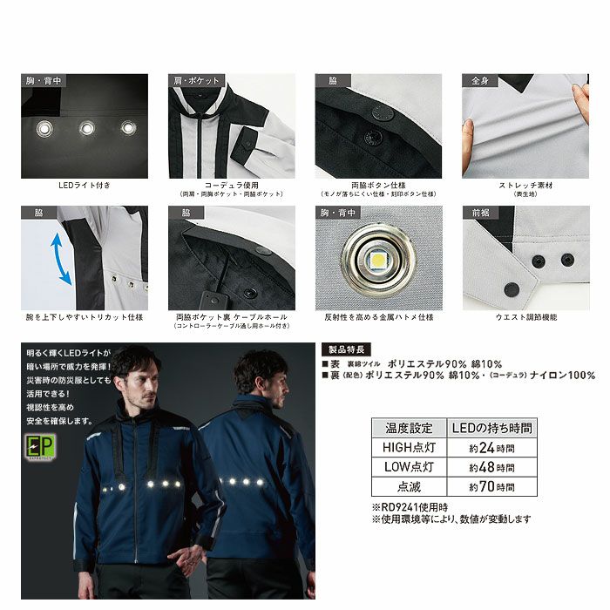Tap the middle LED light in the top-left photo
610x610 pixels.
coord(88,129)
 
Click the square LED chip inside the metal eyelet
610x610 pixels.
coord(379,258)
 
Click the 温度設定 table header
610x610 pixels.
coord(409,428)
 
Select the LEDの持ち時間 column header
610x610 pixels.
coord(491,428)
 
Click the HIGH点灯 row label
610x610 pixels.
coord(409,448)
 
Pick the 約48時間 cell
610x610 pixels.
coord(491,468)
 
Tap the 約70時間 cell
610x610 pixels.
coord(491,488)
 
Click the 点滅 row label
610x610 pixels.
coord(409,488)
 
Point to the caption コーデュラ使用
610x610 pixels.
coord(230,186)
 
